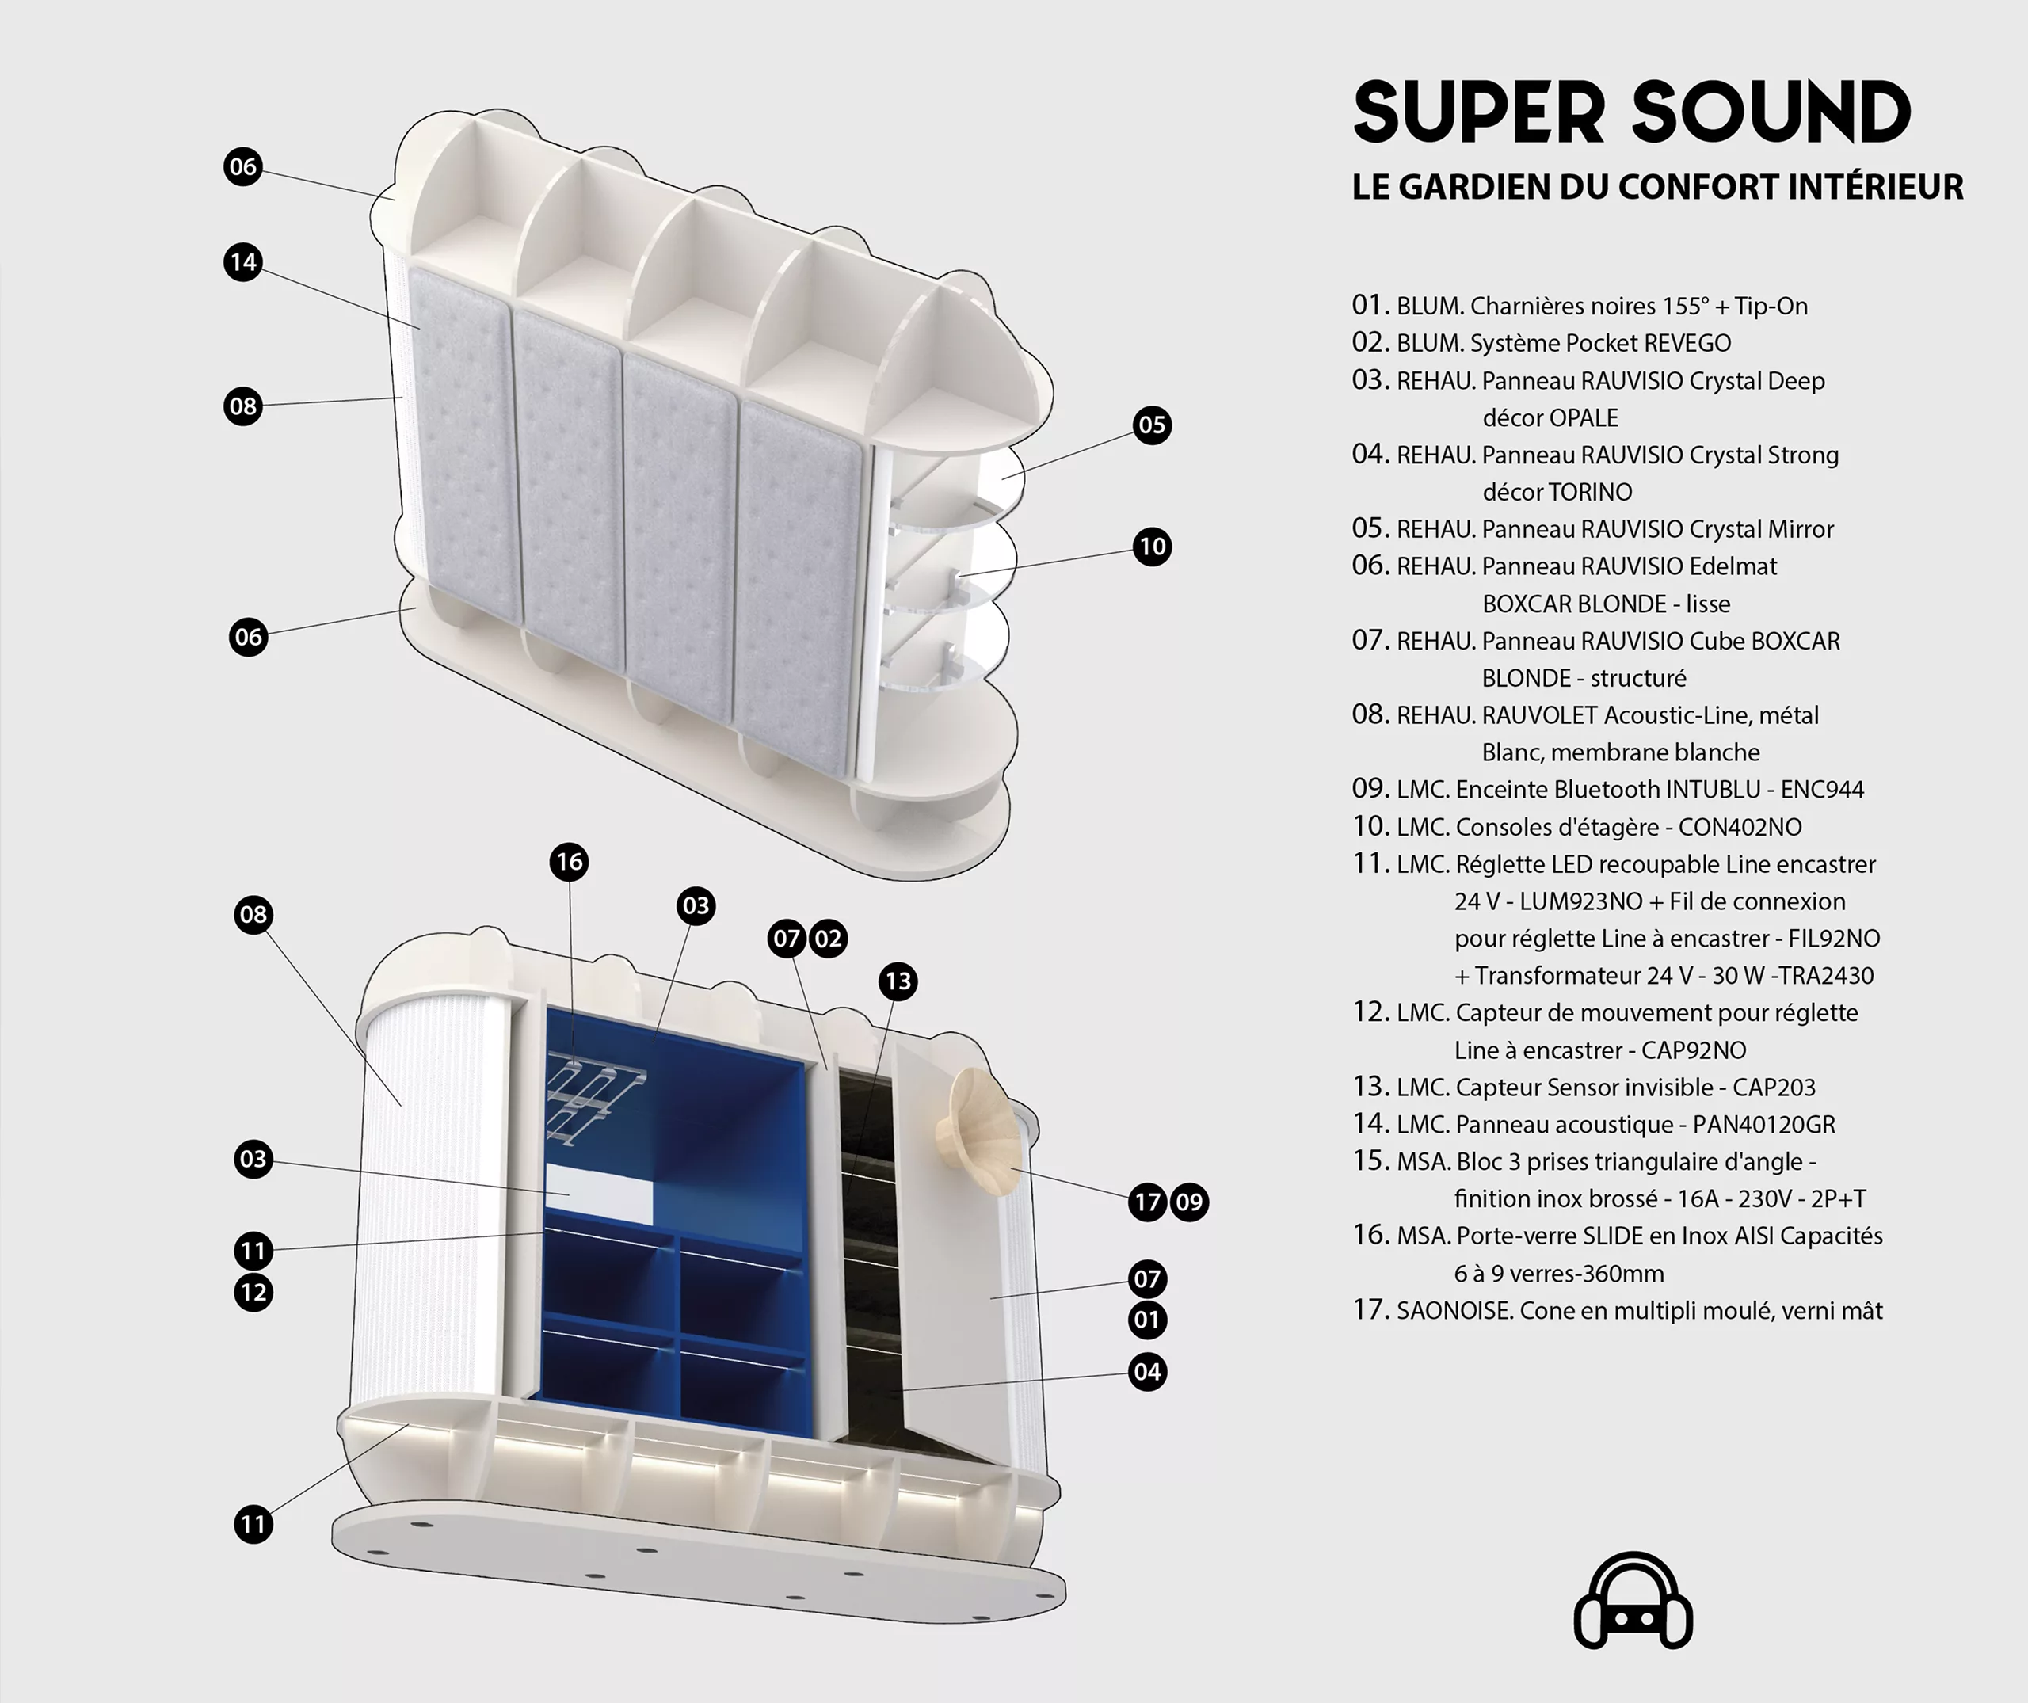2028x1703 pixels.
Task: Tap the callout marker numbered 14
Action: click(x=243, y=261)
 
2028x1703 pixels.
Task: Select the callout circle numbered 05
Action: click(x=1152, y=425)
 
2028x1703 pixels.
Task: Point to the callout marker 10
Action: click(x=1152, y=547)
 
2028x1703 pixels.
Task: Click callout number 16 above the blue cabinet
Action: click(x=570, y=861)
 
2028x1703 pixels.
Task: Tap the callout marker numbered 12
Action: click(x=253, y=1292)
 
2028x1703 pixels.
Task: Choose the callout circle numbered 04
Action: click(x=1147, y=1372)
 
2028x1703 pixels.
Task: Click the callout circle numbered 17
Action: click(x=1147, y=1202)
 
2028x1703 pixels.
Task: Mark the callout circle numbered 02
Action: click(x=828, y=939)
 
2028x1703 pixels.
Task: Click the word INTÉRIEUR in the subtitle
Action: click(x=1875, y=186)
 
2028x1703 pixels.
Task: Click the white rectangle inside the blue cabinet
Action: click(x=600, y=1195)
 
